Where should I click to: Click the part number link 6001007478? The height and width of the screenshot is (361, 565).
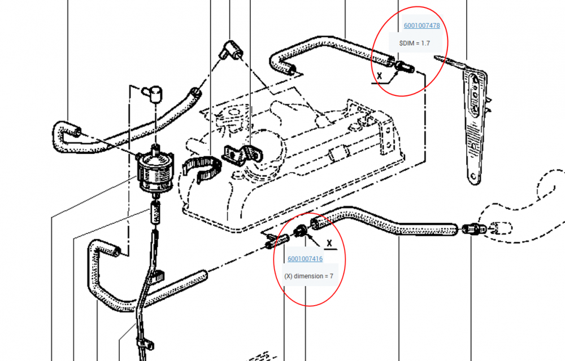tap(421, 25)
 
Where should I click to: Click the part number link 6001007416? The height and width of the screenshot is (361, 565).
tap(305, 259)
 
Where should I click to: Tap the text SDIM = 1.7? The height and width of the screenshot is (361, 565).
tap(414, 43)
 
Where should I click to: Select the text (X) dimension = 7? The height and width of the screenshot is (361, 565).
tap(309, 276)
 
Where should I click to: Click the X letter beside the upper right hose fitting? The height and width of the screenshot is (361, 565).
tap(379, 76)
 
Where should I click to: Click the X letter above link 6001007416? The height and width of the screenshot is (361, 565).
tap(329, 244)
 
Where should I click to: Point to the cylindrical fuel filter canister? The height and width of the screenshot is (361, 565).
tap(156, 172)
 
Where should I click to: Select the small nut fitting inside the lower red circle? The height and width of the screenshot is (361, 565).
tap(300, 231)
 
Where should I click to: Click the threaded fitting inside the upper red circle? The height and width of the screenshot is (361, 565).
tap(405, 67)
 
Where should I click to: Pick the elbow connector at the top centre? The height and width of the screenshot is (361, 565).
tap(231, 50)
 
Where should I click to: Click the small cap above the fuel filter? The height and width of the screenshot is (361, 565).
tap(153, 94)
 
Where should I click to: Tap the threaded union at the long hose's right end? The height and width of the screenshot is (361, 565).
tap(472, 229)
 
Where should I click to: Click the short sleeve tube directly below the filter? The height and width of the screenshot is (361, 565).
tap(155, 212)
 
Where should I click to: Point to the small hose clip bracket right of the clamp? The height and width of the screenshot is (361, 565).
tap(243, 155)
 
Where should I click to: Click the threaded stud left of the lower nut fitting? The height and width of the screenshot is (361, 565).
tap(277, 241)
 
